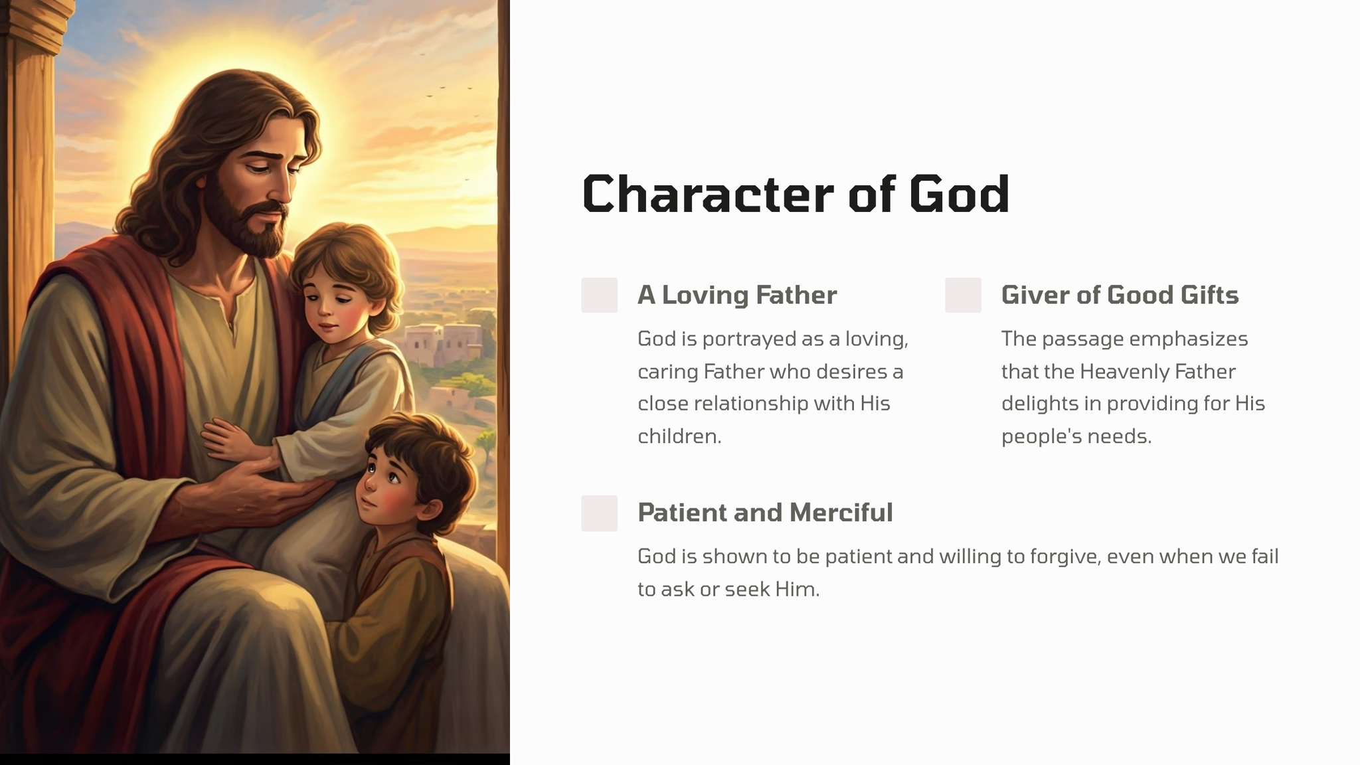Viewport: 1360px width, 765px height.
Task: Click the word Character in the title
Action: pyautogui.click(x=707, y=194)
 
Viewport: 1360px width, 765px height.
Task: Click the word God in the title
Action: pyautogui.click(x=959, y=194)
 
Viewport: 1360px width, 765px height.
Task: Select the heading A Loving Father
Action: pyautogui.click(x=737, y=295)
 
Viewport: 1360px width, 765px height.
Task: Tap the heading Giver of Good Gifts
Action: pyautogui.click(x=1120, y=295)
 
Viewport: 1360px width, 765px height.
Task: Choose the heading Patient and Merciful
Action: pyautogui.click(x=765, y=513)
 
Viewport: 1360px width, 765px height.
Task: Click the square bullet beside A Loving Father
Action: pyautogui.click(x=599, y=295)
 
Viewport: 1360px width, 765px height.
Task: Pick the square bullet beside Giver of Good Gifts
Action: pyautogui.click(x=963, y=295)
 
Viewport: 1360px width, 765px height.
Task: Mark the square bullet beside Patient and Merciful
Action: pyautogui.click(x=599, y=513)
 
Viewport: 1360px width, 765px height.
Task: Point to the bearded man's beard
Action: pyautogui.click(x=252, y=226)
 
